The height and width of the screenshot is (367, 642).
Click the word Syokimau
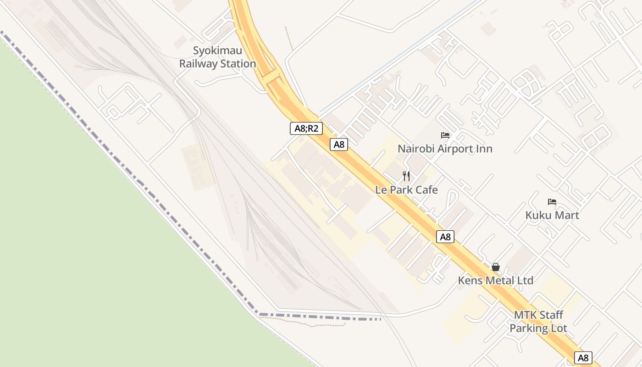pos(217,50)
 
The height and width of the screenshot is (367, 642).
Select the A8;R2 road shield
pos(306,128)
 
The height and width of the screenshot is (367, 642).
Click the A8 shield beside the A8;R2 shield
pos(339,145)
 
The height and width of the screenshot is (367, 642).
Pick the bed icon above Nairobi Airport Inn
pos(445,135)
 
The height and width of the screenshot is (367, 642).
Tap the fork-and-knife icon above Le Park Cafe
pos(406,176)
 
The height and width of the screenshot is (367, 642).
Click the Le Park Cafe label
pos(406,190)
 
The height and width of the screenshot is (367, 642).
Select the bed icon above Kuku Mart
pos(552,202)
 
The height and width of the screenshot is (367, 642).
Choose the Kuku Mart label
pos(552,215)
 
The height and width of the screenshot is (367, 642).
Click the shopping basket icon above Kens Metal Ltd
pos(496,267)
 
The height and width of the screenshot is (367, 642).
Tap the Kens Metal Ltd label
pos(496,280)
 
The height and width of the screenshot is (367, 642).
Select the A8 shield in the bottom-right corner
pos(583,358)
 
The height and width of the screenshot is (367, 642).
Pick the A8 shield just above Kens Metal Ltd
pos(445,237)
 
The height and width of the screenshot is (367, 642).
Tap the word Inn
pos(484,149)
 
